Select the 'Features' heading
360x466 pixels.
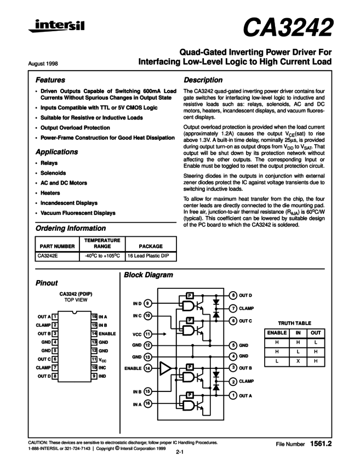[x=50, y=79]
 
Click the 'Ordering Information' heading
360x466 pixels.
[x=70, y=228]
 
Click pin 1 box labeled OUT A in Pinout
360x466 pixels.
[x=55, y=316]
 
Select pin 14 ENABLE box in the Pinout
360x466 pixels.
[x=94, y=333]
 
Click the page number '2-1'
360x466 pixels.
[x=180, y=453]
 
